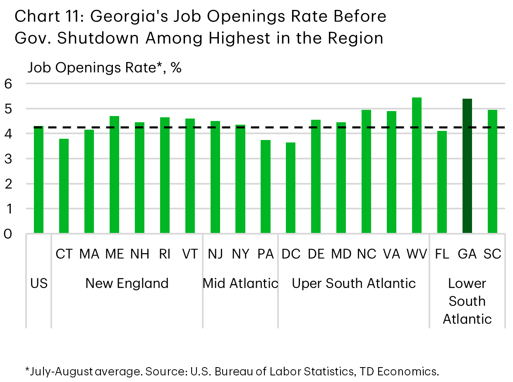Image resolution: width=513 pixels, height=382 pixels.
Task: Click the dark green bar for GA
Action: pyautogui.click(x=467, y=166)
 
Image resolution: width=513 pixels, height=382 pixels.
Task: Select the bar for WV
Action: pyautogui.click(x=417, y=165)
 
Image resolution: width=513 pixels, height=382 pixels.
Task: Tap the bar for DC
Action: pyautogui.click(x=291, y=188)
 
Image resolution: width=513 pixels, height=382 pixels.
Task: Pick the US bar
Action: pyautogui.click(x=38, y=180)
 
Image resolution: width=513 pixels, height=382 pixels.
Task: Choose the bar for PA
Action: pyautogui.click(x=266, y=187)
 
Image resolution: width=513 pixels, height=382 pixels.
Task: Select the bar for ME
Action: pyautogui.click(x=114, y=175)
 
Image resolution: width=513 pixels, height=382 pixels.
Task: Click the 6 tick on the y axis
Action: pyautogui.click(x=9, y=84)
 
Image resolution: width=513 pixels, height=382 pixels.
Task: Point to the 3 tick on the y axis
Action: pyautogui.click(x=9, y=159)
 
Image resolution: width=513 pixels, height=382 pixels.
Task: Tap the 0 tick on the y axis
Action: pyautogui.click(x=9, y=234)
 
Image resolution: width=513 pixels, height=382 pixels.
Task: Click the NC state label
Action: pyautogui.click(x=366, y=254)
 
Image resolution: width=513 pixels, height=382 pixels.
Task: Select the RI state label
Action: pyautogui.click(x=165, y=254)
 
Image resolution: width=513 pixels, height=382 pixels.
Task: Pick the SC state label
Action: pyautogui.click(x=492, y=254)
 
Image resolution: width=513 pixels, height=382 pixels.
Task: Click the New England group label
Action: pyautogui.click(x=127, y=283)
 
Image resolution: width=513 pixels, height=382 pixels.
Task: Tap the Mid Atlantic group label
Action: pyautogui.click(x=240, y=283)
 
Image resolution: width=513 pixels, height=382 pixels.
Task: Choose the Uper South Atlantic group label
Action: pyautogui.click(x=354, y=283)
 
